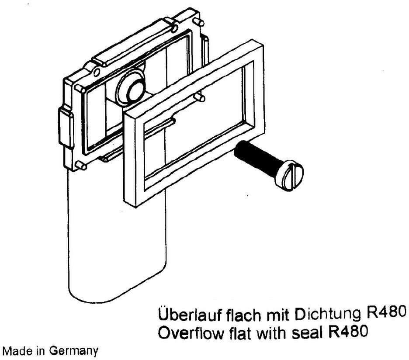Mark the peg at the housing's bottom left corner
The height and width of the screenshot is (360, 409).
tap(81, 166)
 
